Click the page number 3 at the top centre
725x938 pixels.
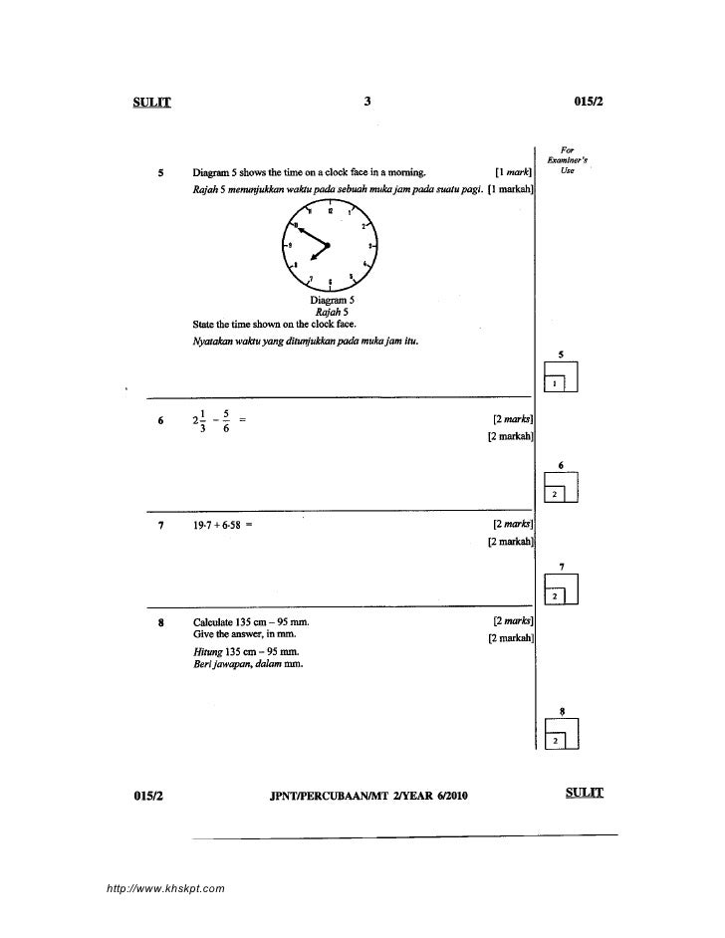coord(367,101)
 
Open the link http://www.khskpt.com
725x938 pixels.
coord(160,885)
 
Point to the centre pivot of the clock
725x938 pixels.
coord(328,244)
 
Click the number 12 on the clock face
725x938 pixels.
coord(328,211)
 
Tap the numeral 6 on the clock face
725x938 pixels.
coord(330,282)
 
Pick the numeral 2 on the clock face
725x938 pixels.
coord(362,225)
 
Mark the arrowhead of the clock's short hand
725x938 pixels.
coord(310,261)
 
